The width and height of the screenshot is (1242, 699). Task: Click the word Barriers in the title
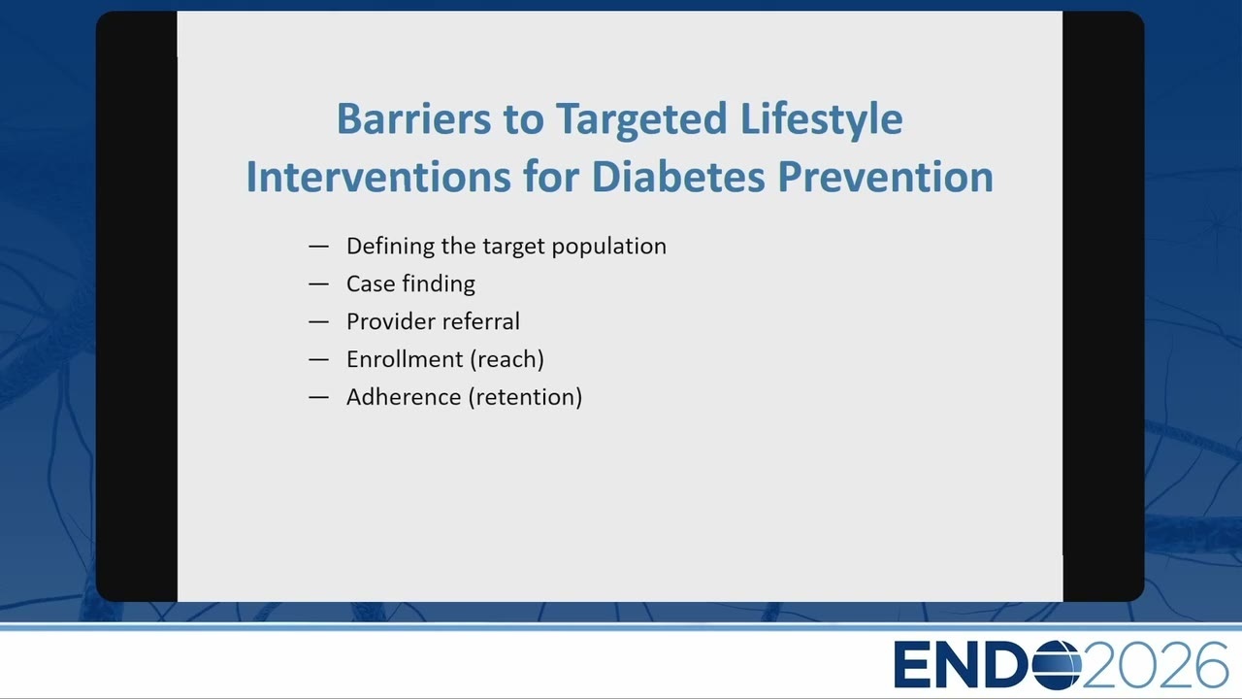[x=413, y=118]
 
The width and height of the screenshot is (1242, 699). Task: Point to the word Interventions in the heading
[x=378, y=177]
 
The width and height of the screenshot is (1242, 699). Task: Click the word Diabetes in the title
[x=678, y=177]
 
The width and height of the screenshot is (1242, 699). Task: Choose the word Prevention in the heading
[x=886, y=177]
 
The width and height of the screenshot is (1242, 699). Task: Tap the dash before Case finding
[x=319, y=284]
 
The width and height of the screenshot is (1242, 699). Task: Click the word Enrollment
[x=405, y=359]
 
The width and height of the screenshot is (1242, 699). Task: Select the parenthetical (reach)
[x=507, y=360]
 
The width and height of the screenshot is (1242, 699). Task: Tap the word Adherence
[x=404, y=397]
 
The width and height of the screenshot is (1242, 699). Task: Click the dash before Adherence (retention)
[x=319, y=397]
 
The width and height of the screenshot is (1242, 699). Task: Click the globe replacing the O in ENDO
[x=1057, y=665]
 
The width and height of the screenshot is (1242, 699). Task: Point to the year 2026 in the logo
[x=1155, y=665]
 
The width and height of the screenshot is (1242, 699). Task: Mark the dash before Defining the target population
[x=319, y=247]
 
